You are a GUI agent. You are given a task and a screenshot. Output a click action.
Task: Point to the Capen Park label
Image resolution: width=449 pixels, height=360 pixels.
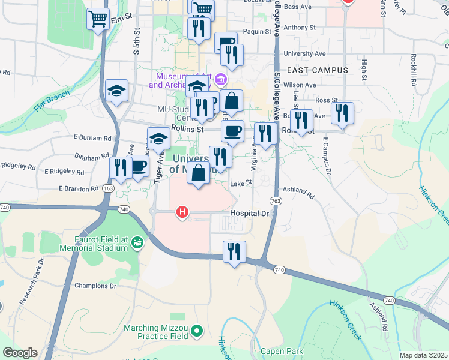click(x=282, y=351)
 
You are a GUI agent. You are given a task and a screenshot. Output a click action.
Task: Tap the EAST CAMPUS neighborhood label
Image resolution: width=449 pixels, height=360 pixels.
click(x=317, y=70)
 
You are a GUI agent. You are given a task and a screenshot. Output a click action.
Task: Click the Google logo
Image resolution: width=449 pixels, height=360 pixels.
click(x=20, y=353)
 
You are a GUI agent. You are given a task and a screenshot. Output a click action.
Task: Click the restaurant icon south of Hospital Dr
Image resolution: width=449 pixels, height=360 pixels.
click(x=234, y=250)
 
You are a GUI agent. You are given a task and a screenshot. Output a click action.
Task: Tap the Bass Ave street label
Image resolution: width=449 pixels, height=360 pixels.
click(x=298, y=7)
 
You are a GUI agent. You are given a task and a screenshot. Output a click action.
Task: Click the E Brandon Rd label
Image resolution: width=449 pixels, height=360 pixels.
click(x=78, y=188)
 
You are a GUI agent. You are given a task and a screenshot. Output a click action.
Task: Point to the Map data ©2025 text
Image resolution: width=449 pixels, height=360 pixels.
click(x=424, y=355)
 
